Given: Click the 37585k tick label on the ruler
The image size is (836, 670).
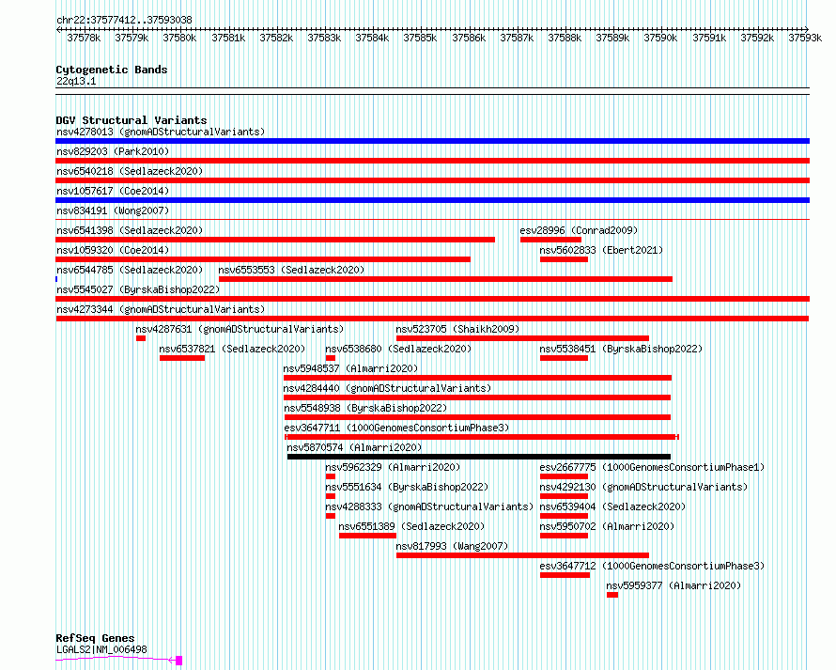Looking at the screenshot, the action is click(x=420, y=38).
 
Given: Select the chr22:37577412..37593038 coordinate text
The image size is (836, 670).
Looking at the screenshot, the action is click(x=124, y=20).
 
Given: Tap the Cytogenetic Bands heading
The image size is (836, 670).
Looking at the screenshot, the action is click(x=112, y=70).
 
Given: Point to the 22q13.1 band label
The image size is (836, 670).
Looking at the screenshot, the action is click(x=76, y=81).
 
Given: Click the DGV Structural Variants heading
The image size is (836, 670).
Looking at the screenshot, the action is click(x=132, y=120).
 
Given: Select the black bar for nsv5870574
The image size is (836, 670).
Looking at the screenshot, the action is click(x=479, y=457).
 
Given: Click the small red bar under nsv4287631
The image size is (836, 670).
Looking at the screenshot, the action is click(x=141, y=338).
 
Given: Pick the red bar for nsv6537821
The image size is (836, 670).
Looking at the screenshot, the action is click(x=182, y=358).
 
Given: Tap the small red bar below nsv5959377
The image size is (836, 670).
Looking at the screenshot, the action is click(x=612, y=595).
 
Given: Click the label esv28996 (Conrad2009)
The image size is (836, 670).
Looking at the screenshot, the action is click(x=579, y=230).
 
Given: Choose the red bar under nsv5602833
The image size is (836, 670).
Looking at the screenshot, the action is click(x=564, y=259).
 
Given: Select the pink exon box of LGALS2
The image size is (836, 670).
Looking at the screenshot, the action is click(x=179, y=661).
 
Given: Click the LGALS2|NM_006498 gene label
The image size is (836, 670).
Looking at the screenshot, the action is click(x=101, y=649).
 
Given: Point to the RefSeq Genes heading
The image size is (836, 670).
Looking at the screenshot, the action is click(x=95, y=638).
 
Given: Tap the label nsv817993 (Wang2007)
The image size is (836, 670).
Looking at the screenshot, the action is click(x=452, y=546).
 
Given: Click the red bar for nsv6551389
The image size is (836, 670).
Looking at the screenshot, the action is click(x=367, y=536).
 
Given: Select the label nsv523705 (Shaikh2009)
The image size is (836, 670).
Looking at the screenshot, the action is click(x=457, y=329).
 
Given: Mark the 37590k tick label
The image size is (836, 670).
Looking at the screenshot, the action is click(x=660, y=38).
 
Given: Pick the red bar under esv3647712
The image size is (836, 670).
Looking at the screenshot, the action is click(x=565, y=575).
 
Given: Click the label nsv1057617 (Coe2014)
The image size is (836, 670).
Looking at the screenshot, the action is click(x=113, y=191).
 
